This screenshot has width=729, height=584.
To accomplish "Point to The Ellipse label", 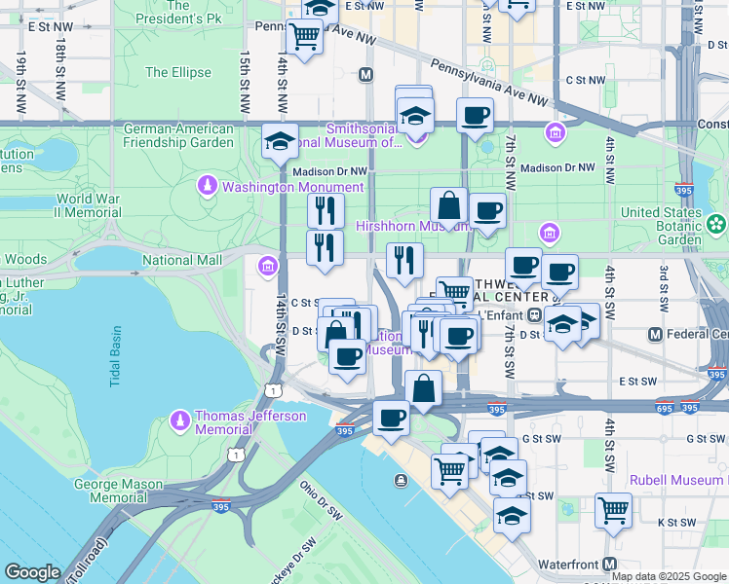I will (x=177, y=72).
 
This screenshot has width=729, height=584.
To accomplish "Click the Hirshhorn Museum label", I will (x=399, y=225).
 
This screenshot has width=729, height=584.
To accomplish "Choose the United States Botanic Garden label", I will (x=660, y=226).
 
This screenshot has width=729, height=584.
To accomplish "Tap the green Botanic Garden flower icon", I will (x=716, y=225).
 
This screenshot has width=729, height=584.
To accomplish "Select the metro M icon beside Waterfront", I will (x=610, y=564).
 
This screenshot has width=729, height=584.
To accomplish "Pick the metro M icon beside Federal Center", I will (x=656, y=335).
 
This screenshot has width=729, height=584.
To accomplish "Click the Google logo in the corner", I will (x=32, y=572).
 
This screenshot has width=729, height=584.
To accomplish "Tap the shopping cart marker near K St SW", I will (x=613, y=509).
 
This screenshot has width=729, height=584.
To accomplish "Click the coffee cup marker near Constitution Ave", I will (x=475, y=117).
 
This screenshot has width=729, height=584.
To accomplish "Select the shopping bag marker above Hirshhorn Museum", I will (x=449, y=205).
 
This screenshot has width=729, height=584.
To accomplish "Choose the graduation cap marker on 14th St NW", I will (x=280, y=142).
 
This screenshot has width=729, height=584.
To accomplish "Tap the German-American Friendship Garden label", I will (x=178, y=135).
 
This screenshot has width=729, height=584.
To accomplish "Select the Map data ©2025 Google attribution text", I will (x=670, y=576).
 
